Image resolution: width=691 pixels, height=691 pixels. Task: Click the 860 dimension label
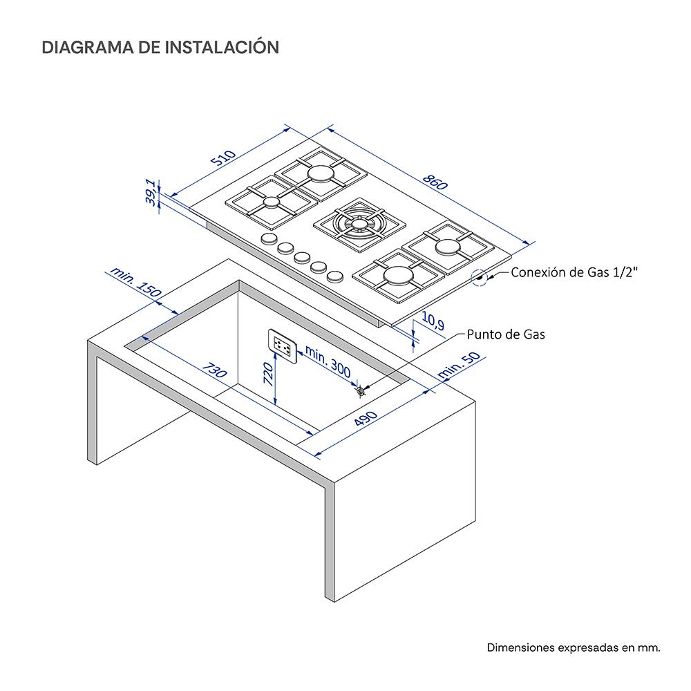coord(435,182)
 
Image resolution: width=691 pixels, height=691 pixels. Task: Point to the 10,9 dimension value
coord(432,321)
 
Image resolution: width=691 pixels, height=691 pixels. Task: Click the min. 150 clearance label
coord(135,283)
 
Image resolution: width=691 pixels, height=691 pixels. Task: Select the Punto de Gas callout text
coord(506,335)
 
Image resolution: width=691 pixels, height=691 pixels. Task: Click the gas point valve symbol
coord(361,390)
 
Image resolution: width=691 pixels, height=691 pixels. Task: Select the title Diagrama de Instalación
coord(160,48)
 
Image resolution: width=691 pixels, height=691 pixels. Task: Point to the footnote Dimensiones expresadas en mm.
coord(574,647)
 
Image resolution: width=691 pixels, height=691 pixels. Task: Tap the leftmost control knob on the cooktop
coord(267,240)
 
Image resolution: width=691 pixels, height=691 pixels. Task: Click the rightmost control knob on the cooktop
coord(335,276)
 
